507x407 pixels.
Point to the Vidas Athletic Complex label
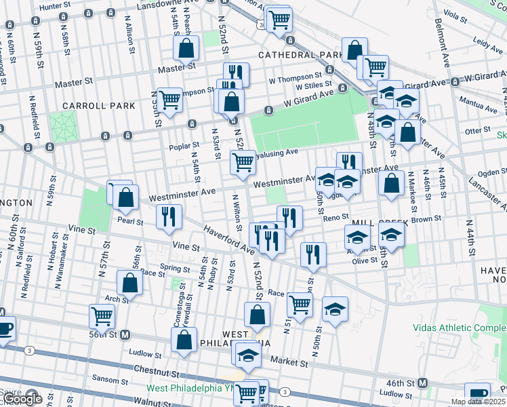[459, 328]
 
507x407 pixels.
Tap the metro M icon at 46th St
[422, 383]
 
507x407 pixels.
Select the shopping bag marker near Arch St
[129, 283]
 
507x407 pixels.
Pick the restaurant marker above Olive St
[312, 254]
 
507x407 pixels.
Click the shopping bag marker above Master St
[186, 47]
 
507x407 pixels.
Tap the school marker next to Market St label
[249, 355]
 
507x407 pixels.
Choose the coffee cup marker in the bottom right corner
[477, 394]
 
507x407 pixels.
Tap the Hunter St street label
[56, 6]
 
